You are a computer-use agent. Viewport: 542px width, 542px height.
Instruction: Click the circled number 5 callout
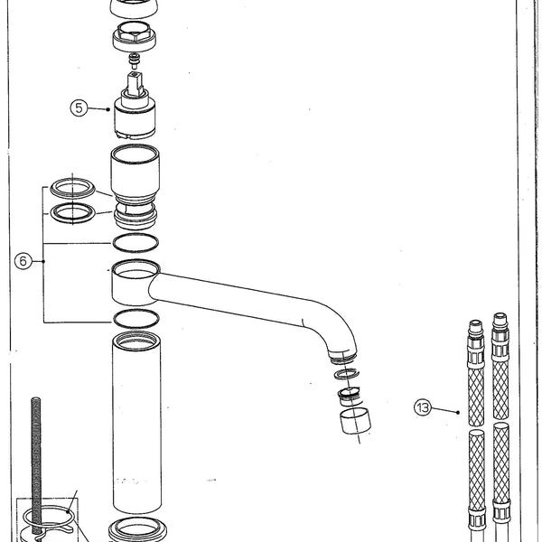[x=79, y=107]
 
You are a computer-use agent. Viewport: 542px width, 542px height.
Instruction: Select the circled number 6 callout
[x=24, y=261]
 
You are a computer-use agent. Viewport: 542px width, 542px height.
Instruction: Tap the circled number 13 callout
[x=422, y=407]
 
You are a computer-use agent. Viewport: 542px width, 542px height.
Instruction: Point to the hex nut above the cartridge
[x=135, y=39]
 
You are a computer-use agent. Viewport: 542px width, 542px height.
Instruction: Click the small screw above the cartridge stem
[x=135, y=61]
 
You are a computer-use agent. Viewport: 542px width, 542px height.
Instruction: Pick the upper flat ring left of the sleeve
[x=72, y=188]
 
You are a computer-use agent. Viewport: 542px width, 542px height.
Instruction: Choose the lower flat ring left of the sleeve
[x=72, y=213]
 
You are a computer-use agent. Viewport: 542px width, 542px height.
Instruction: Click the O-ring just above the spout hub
[x=135, y=242]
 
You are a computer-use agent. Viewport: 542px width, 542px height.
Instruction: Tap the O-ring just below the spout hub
[x=135, y=318]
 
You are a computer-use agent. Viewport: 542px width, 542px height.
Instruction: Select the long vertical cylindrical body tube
[x=136, y=425]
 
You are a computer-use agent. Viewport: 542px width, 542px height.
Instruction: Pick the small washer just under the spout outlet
[x=346, y=372]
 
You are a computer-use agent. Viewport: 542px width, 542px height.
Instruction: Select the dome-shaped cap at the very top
[x=135, y=8]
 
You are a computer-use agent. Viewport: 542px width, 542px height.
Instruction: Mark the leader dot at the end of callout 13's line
[x=459, y=413]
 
